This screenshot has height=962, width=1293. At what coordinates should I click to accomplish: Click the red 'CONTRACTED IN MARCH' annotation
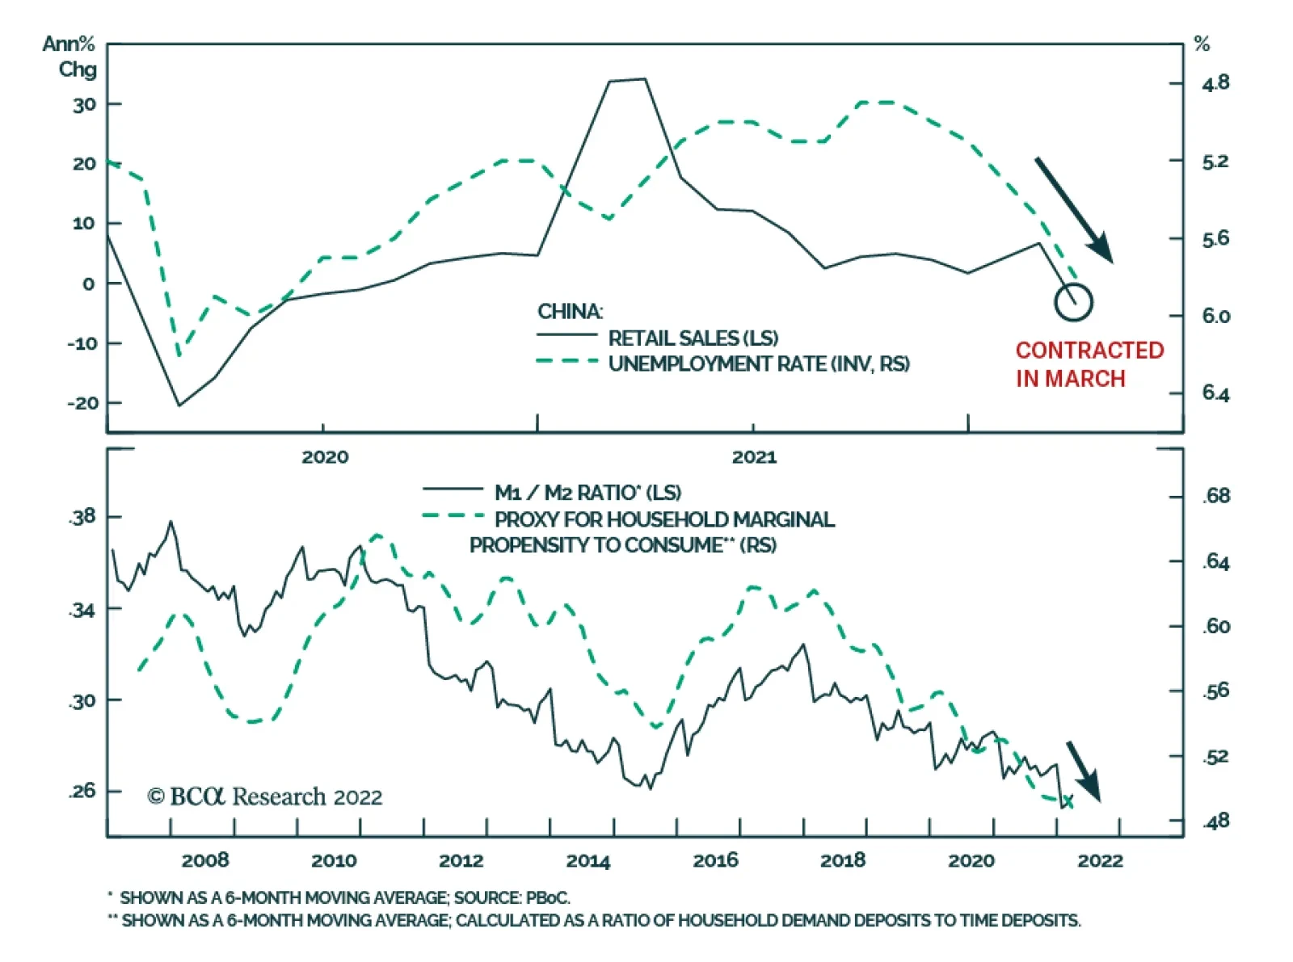(x=1089, y=364)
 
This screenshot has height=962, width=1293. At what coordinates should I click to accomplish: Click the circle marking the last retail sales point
(x=1073, y=302)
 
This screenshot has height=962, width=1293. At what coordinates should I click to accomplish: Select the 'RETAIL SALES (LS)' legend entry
(x=693, y=338)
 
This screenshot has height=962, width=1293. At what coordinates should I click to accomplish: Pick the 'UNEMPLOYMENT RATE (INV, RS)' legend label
(x=758, y=364)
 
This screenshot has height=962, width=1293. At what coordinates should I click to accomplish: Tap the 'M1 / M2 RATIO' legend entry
(x=587, y=493)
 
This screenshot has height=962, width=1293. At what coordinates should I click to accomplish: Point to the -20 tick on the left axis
(x=82, y=402)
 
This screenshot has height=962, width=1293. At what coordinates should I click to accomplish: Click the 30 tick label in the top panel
(x=84, y=104)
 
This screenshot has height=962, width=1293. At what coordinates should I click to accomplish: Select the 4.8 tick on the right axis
(x=1215, y=83)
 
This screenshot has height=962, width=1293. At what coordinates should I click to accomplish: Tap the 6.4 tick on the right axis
(x=1215, y=393)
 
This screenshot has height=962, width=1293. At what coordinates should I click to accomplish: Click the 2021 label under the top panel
(x=753, y=457)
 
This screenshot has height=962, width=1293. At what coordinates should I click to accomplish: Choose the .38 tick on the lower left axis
(x=82, y=517)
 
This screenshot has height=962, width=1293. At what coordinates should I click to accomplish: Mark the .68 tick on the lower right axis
(x=1215, y=496)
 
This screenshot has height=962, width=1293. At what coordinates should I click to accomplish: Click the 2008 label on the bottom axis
(x=204, y=861)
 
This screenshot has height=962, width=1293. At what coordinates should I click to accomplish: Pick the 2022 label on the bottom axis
(x=1099, y=861)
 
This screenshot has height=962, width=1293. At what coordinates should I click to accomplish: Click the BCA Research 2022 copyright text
(x=264, y=797)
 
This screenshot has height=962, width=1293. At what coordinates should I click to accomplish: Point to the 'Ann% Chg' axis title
(x=70, y=57)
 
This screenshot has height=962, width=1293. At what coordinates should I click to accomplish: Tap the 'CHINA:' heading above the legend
(x=570, y=312)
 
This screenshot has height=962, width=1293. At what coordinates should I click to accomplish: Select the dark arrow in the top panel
(x=1074, y=210)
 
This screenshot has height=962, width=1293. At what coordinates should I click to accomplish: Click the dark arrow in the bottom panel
(x=1083, y=771)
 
